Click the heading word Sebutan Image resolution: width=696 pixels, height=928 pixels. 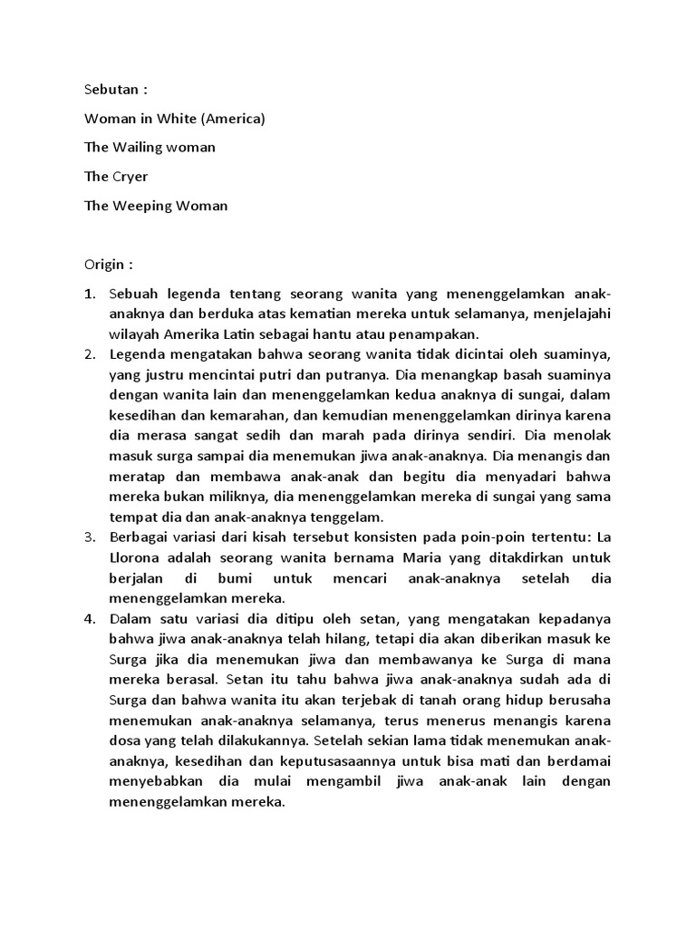pos(111,91)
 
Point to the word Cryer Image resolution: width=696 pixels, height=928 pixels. pos(130,176)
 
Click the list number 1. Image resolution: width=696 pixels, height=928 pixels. pos(89,295)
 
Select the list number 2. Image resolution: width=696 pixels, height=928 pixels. pos(89,353)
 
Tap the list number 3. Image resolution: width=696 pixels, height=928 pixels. pos(89,537)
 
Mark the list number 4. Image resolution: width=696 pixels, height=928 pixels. pos(89,619)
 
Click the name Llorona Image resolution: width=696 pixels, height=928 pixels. pos(137,558)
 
